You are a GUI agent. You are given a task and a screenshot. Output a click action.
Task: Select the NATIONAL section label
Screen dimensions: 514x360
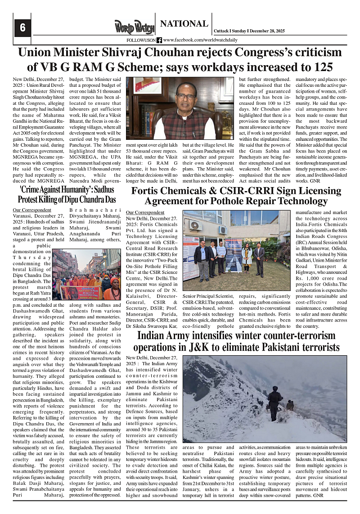184,24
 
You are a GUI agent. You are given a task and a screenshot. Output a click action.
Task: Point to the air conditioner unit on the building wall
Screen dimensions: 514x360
195,225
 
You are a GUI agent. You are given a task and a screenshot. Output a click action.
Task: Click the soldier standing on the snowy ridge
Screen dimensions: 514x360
274,400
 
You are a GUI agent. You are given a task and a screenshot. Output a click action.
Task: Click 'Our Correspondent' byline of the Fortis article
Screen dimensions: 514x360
145,212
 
